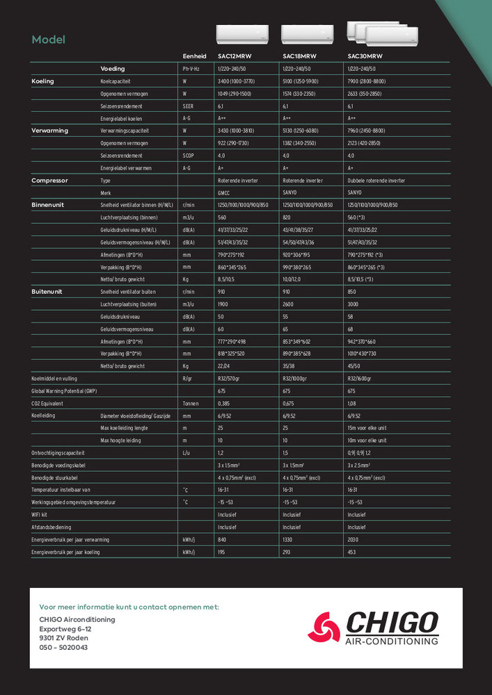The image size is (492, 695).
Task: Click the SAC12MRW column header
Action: coord(233,56)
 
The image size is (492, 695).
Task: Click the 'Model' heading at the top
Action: coord(49,40)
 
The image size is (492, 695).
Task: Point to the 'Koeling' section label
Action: coord(43,81)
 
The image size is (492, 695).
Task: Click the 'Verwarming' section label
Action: coord(49,131)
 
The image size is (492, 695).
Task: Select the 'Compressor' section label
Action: coord(49,181)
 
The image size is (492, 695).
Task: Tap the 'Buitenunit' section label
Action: coord(47,292)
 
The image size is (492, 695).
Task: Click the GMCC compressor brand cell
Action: coord(224,193)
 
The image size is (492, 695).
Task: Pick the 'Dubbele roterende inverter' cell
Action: coord(376,181)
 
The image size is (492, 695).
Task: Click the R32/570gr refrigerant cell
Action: coord(228,379)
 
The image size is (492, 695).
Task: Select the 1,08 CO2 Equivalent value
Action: coord(352,403)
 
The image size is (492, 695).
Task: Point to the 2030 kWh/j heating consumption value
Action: coord(355,540)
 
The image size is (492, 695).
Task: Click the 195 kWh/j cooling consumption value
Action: coord(222,553)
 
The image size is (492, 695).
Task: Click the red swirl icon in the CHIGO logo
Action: coord(325,628)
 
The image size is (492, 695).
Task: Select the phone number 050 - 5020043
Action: coord(63,647)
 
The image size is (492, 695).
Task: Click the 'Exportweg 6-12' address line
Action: coord(65,629)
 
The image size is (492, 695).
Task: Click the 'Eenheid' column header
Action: coord(195,56)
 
